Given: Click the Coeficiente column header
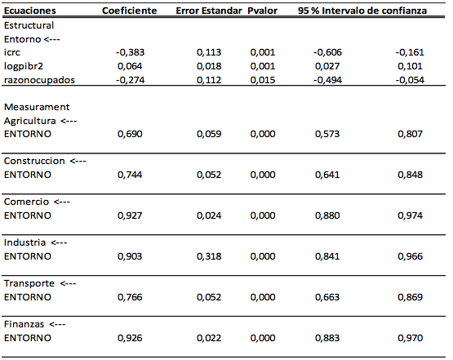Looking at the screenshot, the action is click(130, 11).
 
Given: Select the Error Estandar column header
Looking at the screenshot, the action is click(209, 11).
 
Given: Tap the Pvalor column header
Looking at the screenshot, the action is click(262, 11).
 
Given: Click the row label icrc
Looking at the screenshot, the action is click(12, 52).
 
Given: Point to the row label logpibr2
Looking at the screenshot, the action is click(24, 66).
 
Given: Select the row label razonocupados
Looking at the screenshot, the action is click(39, 80).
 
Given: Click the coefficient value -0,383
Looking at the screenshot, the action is click(130, 52).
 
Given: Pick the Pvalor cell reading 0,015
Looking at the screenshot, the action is click(263, 80).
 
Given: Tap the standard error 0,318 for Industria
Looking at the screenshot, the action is click(209, 256).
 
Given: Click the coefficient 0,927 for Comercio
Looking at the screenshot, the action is click(130, 216).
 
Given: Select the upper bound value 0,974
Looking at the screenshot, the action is click(410, 216).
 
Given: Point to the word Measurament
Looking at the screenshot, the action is click(37, 107).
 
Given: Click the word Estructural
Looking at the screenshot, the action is click(29, 25).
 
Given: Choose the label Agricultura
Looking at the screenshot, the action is click(29, 121).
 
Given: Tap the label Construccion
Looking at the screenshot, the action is click(34, 161).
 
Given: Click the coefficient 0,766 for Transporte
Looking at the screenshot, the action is click(130, 297).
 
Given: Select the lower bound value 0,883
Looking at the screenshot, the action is click(327, 338).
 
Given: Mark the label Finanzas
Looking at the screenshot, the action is click(24, 324).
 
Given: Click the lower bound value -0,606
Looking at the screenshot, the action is click(327, 52).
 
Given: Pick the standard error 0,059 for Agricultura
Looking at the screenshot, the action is click(209, 134).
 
